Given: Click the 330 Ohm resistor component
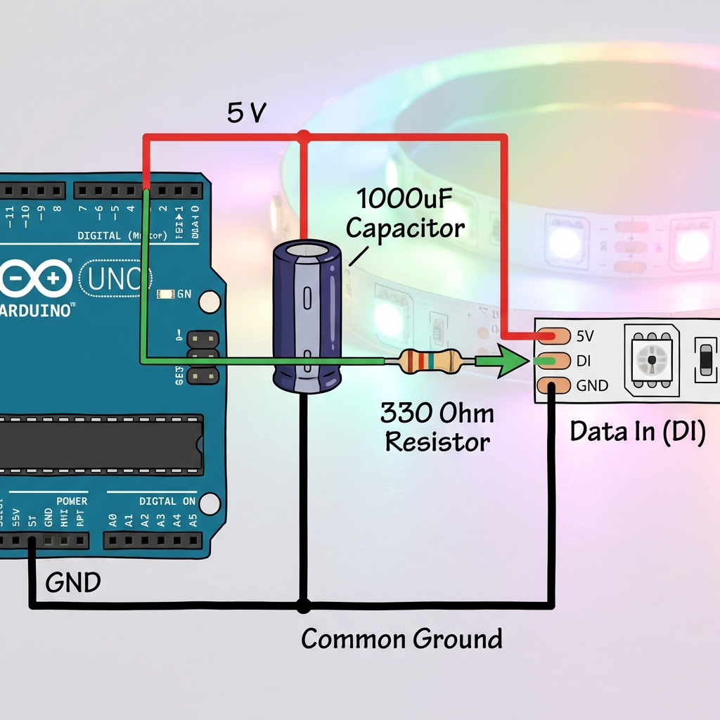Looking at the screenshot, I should (430, 361).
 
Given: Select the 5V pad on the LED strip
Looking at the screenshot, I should (554, 336).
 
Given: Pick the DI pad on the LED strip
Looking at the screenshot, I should (554, 361).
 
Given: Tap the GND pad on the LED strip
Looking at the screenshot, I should (554, 385).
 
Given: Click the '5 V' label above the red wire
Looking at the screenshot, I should (247, 112).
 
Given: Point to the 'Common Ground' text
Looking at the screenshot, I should (401, 639).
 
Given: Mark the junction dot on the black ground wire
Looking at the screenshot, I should (303, 605).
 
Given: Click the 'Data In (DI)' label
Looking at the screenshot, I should (637, 431).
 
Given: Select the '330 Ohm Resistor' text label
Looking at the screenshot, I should (437, 427).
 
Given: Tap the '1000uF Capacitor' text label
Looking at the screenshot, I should (406, 214).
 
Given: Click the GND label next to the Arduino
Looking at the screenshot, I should (73, 582).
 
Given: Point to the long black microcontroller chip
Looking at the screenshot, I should (98, 444).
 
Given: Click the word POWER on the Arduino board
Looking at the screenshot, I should (72, 501).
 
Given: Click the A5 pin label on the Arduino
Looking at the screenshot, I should (193, 521).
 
